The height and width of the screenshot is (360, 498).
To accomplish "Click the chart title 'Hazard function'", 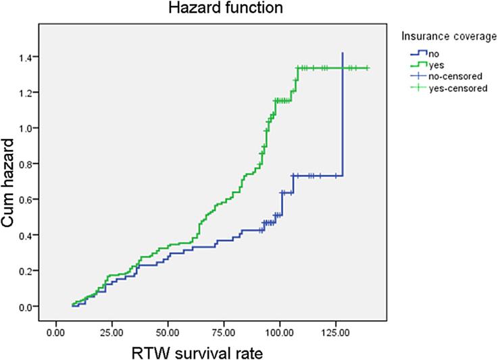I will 208,9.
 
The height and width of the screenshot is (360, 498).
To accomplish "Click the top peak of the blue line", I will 343,53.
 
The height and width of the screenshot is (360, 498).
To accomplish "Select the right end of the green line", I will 368,68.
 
